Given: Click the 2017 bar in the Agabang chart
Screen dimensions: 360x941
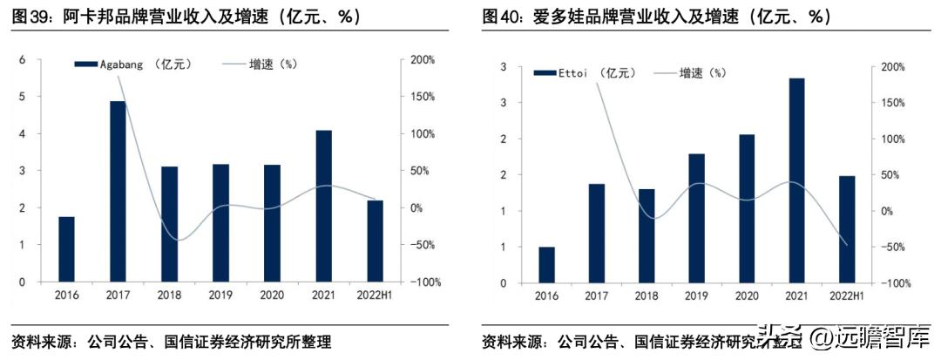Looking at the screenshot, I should [x=118, y=192].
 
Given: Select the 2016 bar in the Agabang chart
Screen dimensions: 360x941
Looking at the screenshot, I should [x=66, y=249].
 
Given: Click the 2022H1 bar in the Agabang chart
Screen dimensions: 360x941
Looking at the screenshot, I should [x=375, y=241].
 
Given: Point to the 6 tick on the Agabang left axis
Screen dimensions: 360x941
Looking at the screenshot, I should [x=23, y=59].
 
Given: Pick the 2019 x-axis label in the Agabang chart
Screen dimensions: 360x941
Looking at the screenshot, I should [x=220, y=296].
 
